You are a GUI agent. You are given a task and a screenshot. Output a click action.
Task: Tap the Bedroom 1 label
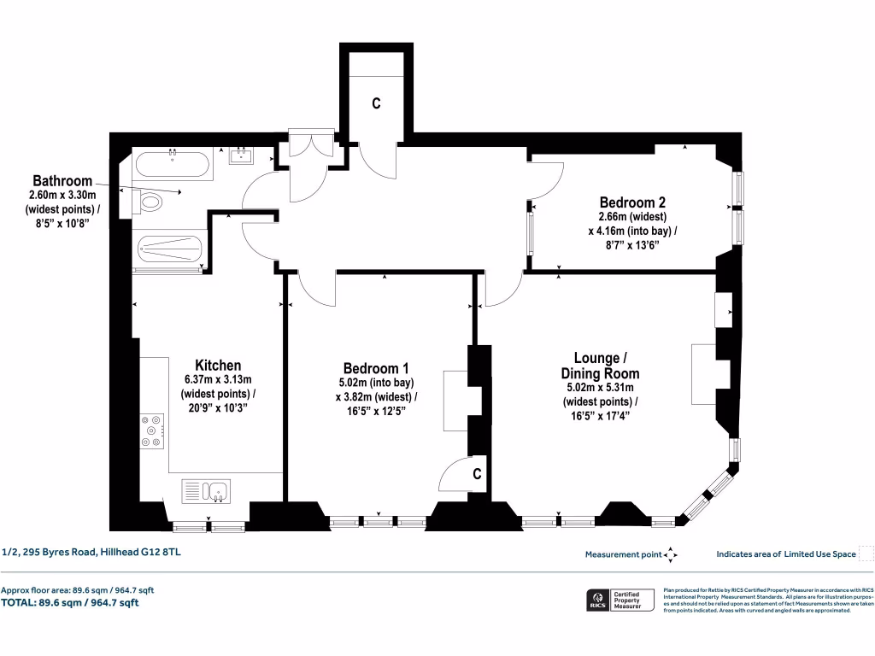[x=375, y=368]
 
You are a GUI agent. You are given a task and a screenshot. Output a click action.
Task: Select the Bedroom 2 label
[x=631, y=202]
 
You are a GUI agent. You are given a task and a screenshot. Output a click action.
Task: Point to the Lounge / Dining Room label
[x=600, y=365]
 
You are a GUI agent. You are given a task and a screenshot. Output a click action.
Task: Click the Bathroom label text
[x=62, y=181]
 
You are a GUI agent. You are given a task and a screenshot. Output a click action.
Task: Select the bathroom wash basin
[x=242, y=155]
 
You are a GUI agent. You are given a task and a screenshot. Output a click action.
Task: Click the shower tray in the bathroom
[x=170, y=249]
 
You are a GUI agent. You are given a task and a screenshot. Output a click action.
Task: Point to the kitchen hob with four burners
[x=154, y=430]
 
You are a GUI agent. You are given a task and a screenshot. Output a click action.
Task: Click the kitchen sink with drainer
[x=206, y=491]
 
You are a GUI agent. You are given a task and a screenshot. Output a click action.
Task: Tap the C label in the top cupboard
[x=374, y=103]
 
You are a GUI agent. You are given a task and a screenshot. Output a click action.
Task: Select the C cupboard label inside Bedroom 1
[x=478, y=474]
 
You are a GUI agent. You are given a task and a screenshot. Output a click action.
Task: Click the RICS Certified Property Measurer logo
[x=620, y=600]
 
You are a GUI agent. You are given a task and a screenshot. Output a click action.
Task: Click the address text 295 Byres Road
[x=91, y=553]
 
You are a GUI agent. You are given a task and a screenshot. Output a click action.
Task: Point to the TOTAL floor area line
[x=70, y=603]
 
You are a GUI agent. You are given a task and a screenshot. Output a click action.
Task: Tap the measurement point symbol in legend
[x=671, y=554]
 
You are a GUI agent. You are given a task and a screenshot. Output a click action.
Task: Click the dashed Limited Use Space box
[x=866, y=553]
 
